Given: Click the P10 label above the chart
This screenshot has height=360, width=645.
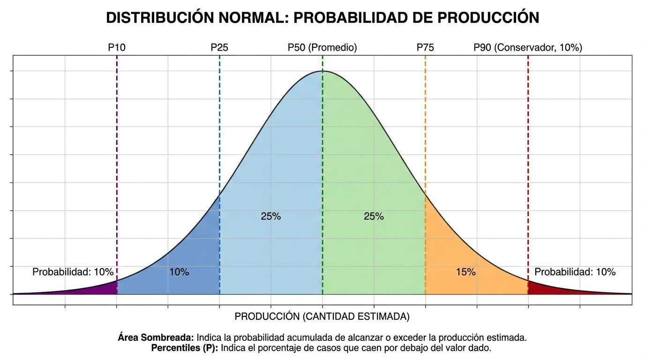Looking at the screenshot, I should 117,47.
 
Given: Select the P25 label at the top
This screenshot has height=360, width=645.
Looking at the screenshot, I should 219,47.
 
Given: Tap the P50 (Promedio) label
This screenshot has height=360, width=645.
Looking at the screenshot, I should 322,47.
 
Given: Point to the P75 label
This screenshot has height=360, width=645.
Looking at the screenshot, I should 425,47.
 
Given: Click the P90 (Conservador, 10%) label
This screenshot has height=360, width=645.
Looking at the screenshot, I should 528,47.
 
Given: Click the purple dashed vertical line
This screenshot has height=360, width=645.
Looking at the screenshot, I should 117,164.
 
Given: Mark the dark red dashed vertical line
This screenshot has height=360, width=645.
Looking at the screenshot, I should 528,164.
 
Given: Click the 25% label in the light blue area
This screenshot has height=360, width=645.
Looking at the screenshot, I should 270,217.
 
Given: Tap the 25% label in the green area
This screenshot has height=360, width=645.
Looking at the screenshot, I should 374,217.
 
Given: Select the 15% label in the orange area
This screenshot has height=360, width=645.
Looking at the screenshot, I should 465,272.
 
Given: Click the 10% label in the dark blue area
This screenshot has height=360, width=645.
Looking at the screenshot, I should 179,272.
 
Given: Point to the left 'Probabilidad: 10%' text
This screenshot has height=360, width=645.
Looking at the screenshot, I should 73,272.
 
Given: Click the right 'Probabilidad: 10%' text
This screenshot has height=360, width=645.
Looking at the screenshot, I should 575,272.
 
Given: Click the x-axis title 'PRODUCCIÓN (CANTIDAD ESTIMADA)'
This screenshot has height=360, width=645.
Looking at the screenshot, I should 322,317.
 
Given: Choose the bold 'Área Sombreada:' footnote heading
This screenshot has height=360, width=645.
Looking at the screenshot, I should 156,337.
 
